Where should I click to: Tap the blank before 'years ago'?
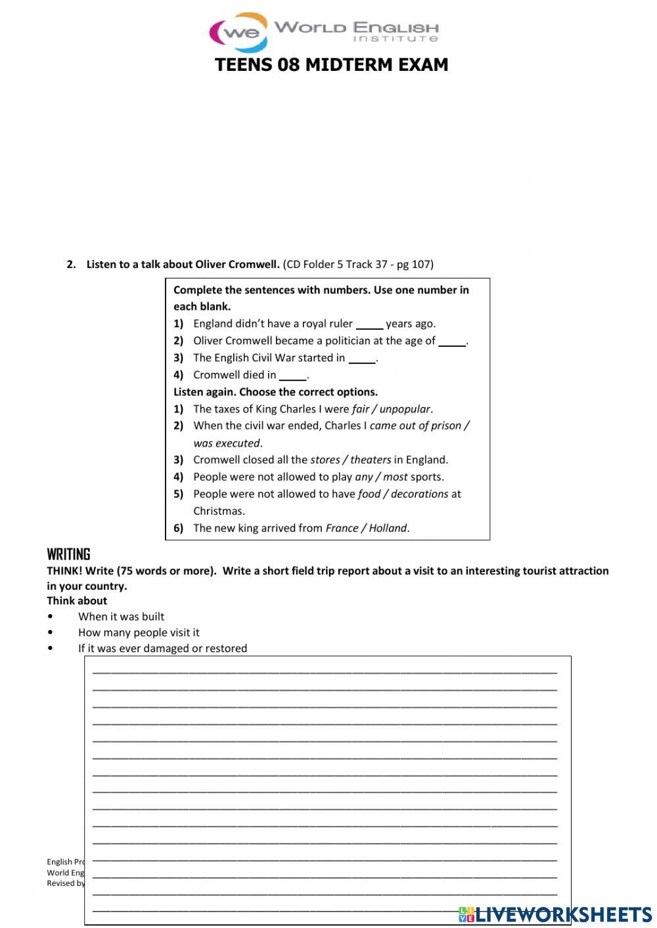(369, 324)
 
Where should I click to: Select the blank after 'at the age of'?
(452, 341)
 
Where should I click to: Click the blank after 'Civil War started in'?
(362, 358)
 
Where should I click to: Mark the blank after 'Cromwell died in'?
(293, 375)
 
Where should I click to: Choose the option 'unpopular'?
(405, 409)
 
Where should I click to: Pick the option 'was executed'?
(227, 443)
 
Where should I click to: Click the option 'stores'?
(325, 460)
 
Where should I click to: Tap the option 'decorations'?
(419, 494)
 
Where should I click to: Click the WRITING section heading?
(68, 554)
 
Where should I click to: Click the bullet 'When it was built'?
(121, 617)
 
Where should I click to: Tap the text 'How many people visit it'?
(139, 632)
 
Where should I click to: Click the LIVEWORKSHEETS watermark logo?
(555, 914)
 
